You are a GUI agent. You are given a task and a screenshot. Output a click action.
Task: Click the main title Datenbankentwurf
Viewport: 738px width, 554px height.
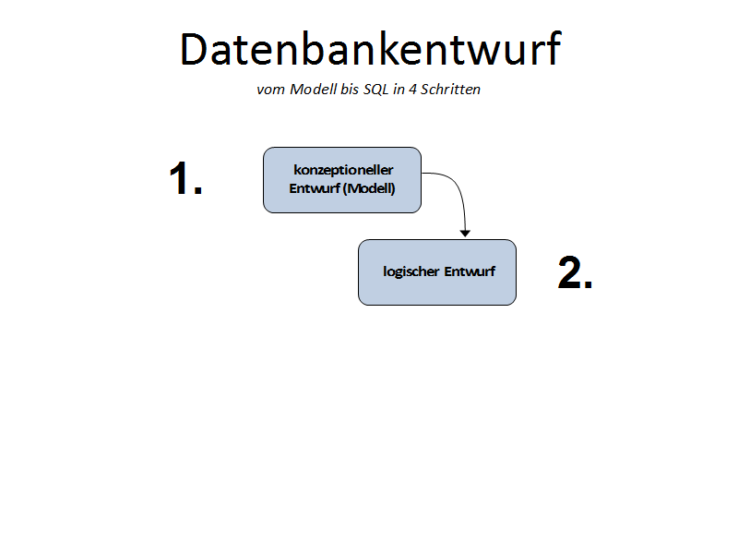pyautogui.click(x=371, y=49)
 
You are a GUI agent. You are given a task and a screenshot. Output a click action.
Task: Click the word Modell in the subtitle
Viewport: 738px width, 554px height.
pyautogui.click(x=314, y=89)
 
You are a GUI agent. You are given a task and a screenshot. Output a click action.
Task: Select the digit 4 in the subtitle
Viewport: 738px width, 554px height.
pyautogui.click(x=412, y=90)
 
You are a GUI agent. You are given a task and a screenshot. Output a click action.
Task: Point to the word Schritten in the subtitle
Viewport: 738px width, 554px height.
pyautogui.click(x=450, y=89)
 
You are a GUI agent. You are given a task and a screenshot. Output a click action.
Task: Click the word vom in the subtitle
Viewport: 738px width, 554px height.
pyautogui.click(x=270, y=90)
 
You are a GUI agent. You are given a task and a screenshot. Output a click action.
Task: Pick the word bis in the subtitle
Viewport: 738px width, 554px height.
pyautogui.click(x=351, y=89)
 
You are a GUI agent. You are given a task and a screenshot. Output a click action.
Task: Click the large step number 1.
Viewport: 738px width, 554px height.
pyautogui.click(x=185, y=178)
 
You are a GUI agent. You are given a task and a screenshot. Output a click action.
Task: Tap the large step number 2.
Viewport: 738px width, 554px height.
pyautogui.click(x=575, y=272)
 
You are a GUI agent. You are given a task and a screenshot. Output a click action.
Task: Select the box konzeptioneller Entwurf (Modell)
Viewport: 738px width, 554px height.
pyautogui.click(x=342, y=180)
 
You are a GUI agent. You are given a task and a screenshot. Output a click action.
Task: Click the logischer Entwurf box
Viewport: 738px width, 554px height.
pyautogui.click(x=437, y=272)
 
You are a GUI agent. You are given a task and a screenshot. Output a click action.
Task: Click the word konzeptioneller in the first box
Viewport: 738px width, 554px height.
pyautogui.click(x=343, y=170)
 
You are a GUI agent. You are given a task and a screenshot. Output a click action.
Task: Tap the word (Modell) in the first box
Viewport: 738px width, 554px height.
pyautogui.click(x=369, y=188)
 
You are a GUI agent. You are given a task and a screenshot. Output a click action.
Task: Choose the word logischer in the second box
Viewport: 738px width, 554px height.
pyautogui.click(x=411, y=271)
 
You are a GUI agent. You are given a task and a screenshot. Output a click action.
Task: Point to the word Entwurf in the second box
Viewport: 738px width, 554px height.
pyautogui.click(x=470, y=271)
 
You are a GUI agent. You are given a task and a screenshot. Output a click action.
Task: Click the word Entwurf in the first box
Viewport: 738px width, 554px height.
pyautogui.click(x=315, y=188)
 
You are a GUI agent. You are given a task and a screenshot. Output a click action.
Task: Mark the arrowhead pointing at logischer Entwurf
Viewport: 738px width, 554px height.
pyautogui.click(x=465, y=234)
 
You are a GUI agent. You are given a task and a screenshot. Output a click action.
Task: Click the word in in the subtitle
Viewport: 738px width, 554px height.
pyautogui.click(x=399, y=90)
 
